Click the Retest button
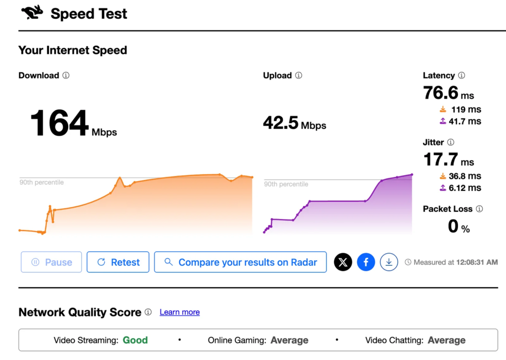point(118,262)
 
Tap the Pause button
point(51,262)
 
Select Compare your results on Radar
point(241,262)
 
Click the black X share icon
point(343,262)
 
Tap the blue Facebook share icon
point(366,262)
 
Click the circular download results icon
point(389,262)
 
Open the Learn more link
point(180,312)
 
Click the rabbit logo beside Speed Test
point(32,12)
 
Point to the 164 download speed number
point(59,123)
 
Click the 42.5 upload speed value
point(281,123)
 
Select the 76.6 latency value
point(440,92)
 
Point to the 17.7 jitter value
point(440,159)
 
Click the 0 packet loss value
point(453,226)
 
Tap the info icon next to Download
point(66,75)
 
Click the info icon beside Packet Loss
point(479,209)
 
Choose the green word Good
point(135,340)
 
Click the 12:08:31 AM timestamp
point(477,262)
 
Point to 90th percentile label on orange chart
point(42,182)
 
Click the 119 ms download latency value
point(466,109)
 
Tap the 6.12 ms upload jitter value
point(464,187)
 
